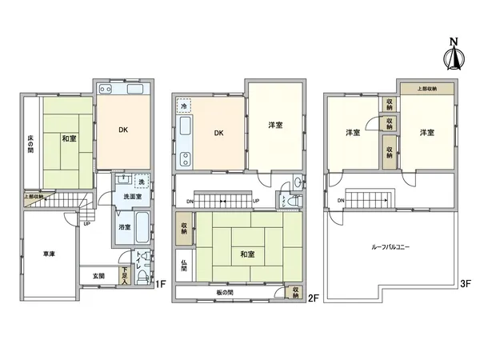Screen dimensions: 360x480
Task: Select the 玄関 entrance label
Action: coord(98,276)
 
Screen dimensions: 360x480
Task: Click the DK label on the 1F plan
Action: coord(124,130)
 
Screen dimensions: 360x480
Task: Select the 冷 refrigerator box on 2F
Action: coord(184,106)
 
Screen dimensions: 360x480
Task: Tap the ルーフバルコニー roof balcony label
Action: coord(391,248)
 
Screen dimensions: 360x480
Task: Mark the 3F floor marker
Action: coord(465,282)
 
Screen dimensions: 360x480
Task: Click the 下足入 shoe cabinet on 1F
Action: coord(126,274)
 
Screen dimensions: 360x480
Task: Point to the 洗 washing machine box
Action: coord(140,179)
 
